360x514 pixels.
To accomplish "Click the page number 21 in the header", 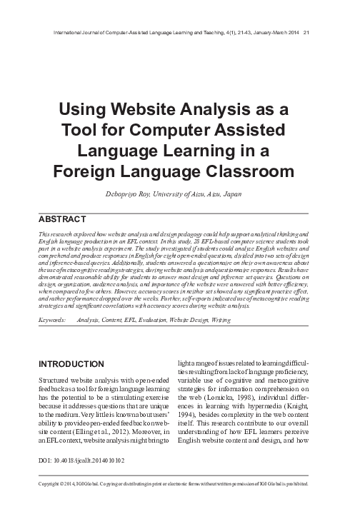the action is [x=306, y=33].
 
